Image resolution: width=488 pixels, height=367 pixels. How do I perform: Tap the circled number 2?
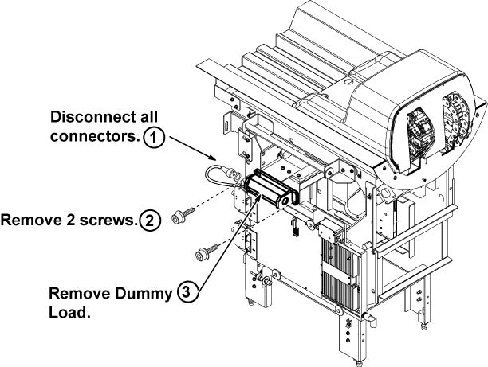148,220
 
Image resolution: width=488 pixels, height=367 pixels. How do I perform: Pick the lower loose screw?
202,255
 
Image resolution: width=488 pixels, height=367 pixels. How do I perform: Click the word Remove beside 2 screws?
29,220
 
